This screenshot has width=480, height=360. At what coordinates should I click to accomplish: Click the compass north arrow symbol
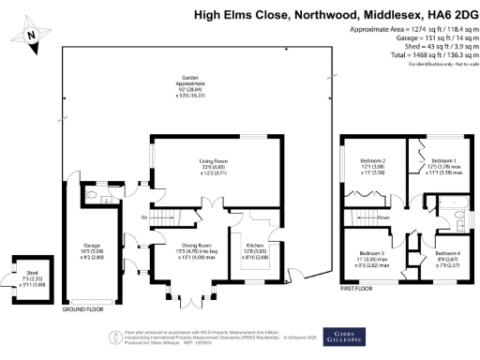(x=32, y=35)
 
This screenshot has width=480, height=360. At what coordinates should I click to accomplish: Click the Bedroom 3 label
(x=372, y=254)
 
